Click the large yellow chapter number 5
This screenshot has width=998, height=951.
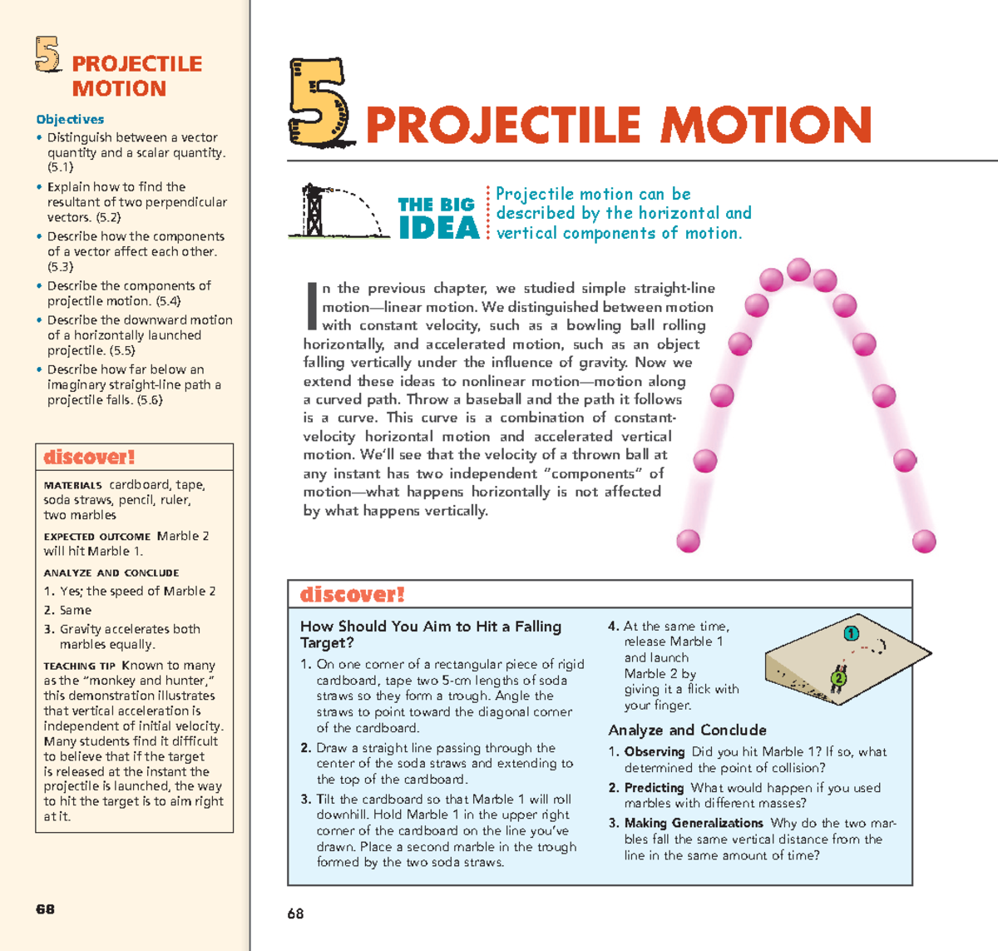[320, 103]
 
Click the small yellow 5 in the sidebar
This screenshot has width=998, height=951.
[48, 55]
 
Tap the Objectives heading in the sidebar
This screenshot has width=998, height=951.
[70, 119]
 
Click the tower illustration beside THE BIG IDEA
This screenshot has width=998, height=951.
[314, 211]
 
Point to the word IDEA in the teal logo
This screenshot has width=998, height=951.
[439, 228]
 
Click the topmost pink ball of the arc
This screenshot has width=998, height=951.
[798, 270]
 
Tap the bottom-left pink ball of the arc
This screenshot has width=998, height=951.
[689, 541]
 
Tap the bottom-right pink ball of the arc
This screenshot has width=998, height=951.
[924, 542]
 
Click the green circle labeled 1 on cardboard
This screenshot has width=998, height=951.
[851, 634]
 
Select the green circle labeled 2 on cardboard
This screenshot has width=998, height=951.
[838, 678]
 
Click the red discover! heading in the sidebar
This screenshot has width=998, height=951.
[89, 457]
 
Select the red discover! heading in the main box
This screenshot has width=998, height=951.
[352, 594]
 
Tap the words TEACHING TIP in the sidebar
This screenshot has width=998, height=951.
[80, 666]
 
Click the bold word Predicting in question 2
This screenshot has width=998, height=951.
[654, 787]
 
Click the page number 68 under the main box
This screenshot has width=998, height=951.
[295, 914]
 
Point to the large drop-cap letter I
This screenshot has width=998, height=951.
[312, 305]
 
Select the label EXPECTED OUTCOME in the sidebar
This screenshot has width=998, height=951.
[97, 537]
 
